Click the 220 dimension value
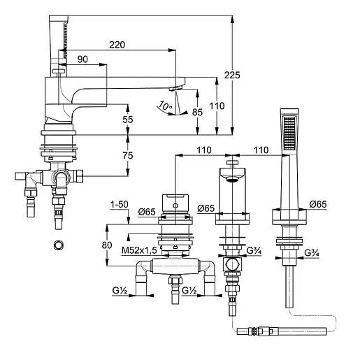pos(117,45)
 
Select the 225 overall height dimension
pos(232,75)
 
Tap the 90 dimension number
pos(82,59)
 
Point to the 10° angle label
pos(166,106)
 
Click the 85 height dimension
pos(197,113)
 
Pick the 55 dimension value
pos(128,120)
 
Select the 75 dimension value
pos(128,155)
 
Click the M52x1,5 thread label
pos(139,251)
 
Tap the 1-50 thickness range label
pos(119,205)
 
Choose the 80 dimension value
pos(107,245)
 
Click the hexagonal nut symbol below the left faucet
pos(59,245)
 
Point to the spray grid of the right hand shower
pos(289,133)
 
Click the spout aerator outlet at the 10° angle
pos(176,88)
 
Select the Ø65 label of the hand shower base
pos(318,204)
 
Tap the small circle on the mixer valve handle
pos(175,206)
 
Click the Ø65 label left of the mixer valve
pos(147,212)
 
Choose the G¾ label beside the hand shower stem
pos(312,253)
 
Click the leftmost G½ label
pos(120,291)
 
